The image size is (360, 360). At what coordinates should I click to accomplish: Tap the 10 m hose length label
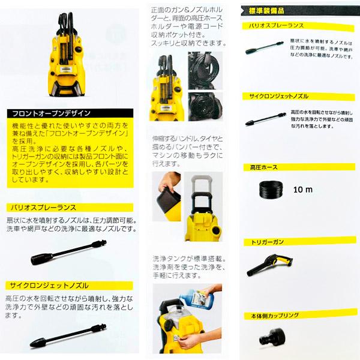pyautogui.click(x=304, y=190)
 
